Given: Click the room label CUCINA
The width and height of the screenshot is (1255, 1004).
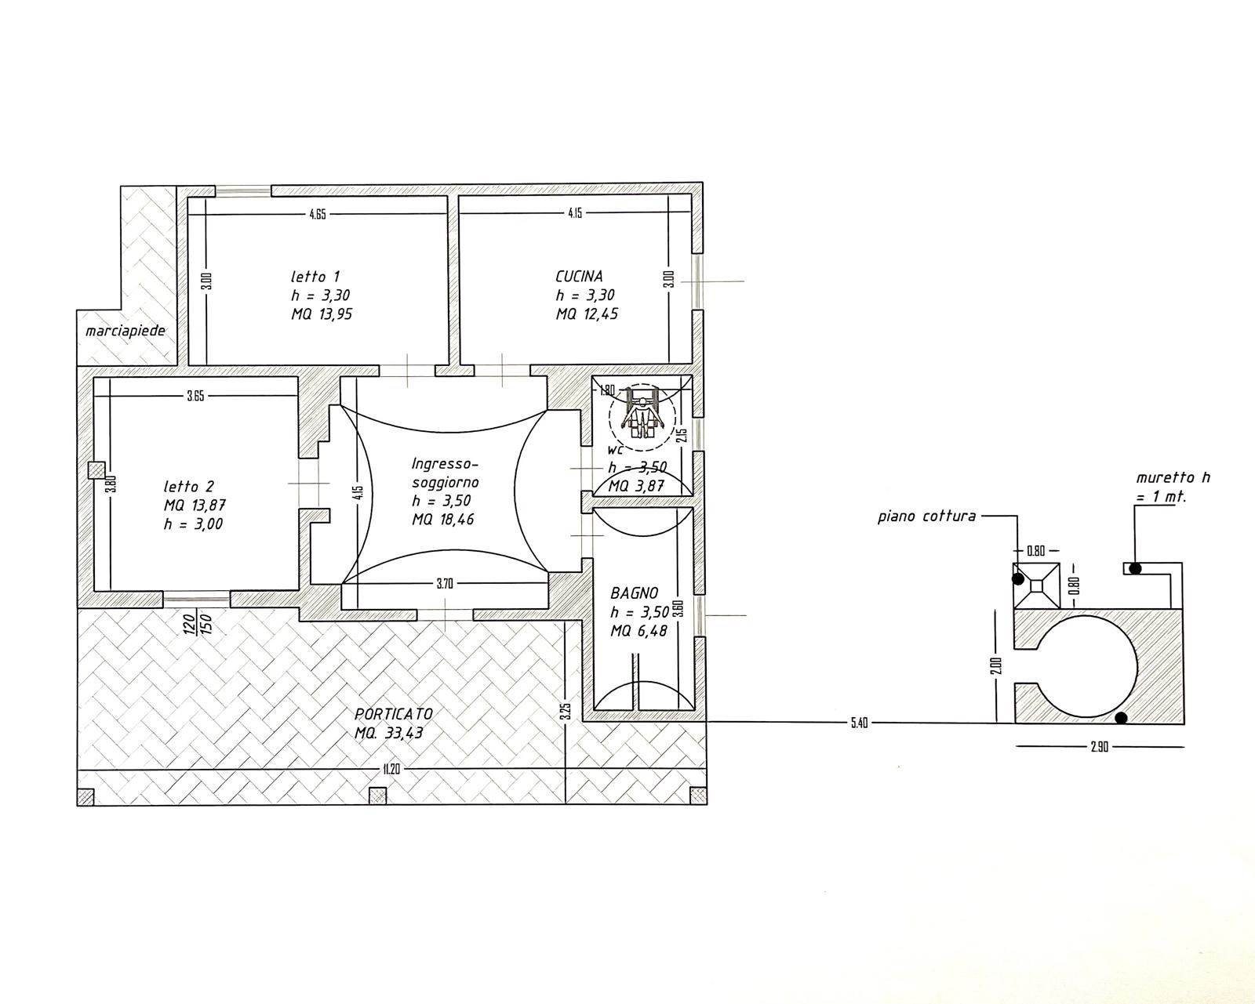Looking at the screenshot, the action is [x=579, y=276].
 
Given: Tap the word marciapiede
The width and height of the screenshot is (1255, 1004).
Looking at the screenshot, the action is [x=125, y=331].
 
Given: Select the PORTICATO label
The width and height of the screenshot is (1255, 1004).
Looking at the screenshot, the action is [x=394, y=714].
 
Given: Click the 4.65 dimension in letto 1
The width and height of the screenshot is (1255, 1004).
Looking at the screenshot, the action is [x=317, y=215].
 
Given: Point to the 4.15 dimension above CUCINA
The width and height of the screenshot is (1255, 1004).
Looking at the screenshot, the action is [x=575, y=213].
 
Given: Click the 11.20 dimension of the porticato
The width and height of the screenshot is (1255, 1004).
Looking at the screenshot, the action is [x=391, y=770].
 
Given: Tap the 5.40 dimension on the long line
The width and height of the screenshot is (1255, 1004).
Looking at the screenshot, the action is [x=859, y=723].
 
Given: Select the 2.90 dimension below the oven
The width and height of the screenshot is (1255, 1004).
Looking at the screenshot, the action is [x=1099, y=747].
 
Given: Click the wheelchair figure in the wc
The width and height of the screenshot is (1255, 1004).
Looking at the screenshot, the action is [x=642, y=414].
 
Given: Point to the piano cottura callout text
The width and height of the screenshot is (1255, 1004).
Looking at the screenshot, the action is [x=926, y=516].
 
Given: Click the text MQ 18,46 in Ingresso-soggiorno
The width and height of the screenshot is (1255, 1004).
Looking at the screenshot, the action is [x=442, y=519].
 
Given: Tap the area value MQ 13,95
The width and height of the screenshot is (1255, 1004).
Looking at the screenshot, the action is [x=322, y=314].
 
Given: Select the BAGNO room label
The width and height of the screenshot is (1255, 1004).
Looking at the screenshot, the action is [x=634, y=593].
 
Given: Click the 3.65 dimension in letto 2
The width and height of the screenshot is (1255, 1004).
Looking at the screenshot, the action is [x=195, y=397].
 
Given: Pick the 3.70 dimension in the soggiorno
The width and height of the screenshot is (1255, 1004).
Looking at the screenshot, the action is [x=445, y=583].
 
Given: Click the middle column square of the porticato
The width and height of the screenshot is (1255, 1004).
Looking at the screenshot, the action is [x=378, y=796].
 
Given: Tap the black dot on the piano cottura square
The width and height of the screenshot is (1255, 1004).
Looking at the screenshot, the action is [x=1017, y=579].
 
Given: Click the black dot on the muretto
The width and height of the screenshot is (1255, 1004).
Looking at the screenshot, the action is [x=1135, y=568].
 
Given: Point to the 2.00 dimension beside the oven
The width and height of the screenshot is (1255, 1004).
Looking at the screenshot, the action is [x=995, y=666].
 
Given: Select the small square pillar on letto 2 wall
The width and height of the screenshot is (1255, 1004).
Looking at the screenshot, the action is [x=96, y=470].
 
